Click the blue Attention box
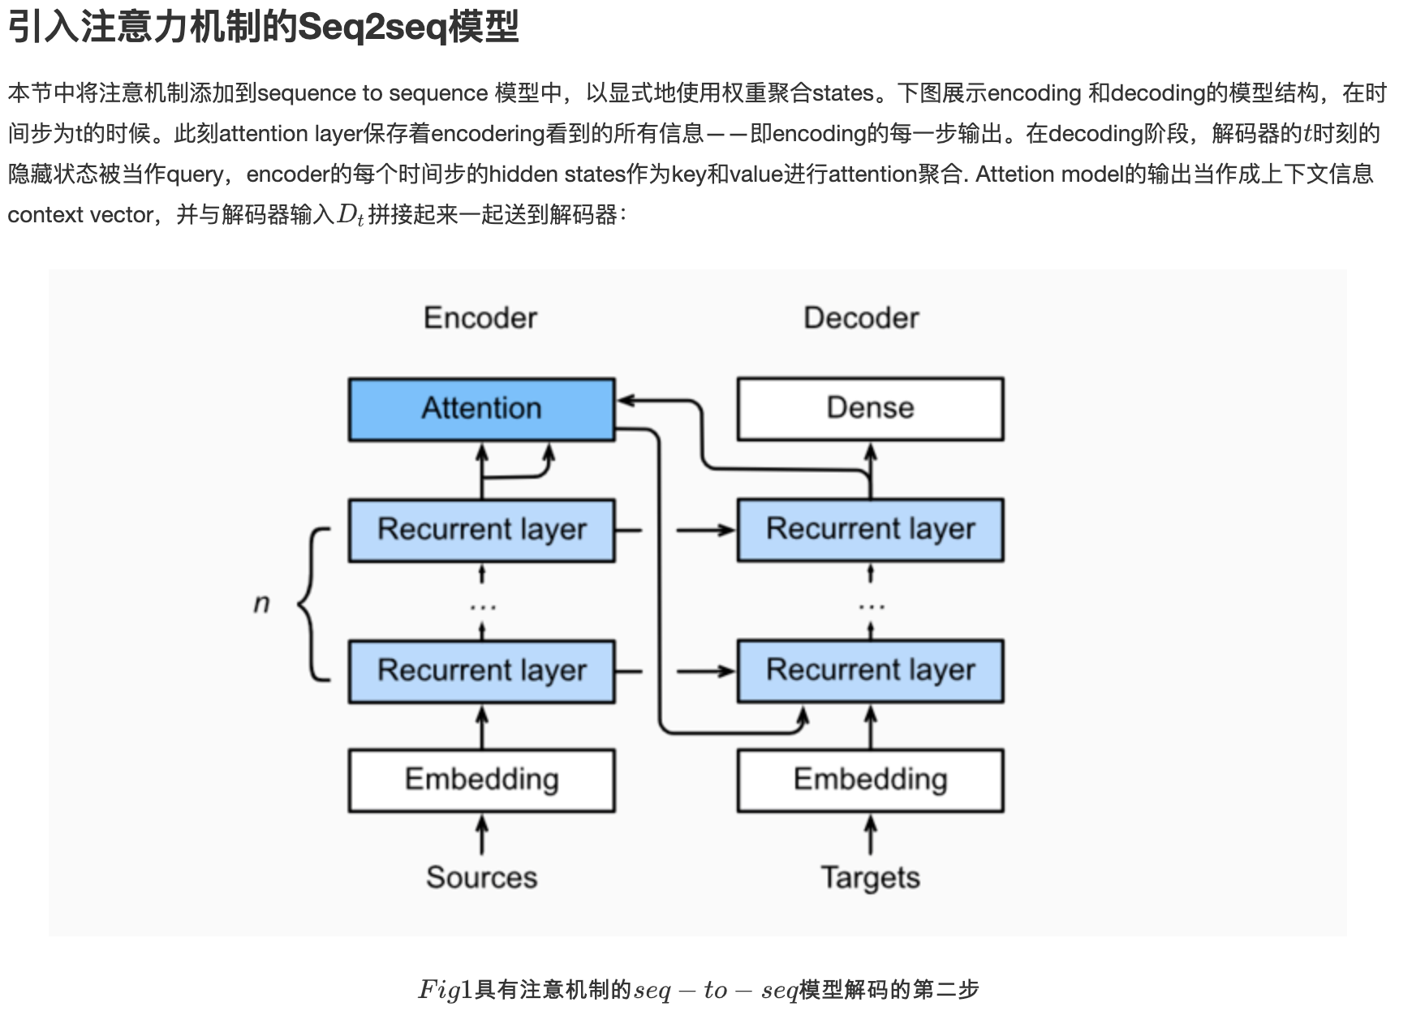(x=481, y=409)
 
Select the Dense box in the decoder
(x=870, y=409)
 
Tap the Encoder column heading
(x=480, y=318)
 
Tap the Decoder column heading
(x=861, y=318)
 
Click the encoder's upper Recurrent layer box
(x=481, y=530)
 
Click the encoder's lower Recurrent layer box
(x=481, y=671)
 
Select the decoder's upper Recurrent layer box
(x=870, y=530)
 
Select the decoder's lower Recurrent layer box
(x=870, y=671)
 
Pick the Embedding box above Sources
(x=481, y=780)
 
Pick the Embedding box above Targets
(x=870, y=780)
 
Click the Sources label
(x=481, y=877)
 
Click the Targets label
(x=870, y=877)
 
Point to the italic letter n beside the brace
(x=261, y=603)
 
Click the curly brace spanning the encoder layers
(x=312, y=603)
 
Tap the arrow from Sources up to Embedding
(x=482, y=835)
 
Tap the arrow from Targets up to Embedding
(x=871, y=835)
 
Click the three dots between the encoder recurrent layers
(x=482, y=606)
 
